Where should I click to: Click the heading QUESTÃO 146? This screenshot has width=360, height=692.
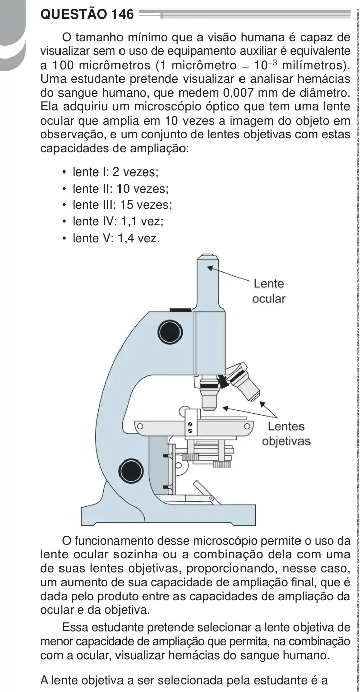pyautogui.click(x=87, y=14)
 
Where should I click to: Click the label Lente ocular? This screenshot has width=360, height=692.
pyautogui.click(x=269, y=291)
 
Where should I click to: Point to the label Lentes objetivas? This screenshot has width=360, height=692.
pyautogui.click(x=286, y=433)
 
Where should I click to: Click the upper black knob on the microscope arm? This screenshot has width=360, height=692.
pyautogui.click(x=170, y=332)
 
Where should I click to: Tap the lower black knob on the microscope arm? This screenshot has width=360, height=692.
pyautogui.click(x=132, y=471)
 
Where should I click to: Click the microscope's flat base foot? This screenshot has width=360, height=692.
pyautogui.click(x=168, y=514)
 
